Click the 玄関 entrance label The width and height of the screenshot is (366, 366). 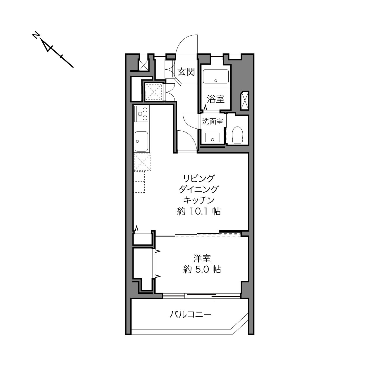click(x=186, y=72)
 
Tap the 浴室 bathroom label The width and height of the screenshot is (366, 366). click(x=216, y=99)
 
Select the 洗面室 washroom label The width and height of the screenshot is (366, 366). click(x=212, y=121)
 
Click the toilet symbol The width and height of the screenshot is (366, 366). click(x=237, y=135)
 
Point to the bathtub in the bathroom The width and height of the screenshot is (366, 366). click(x=216, y=76)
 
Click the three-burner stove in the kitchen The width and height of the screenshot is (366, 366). click(x=141, y=114)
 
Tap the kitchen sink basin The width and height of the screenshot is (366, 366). click(x=141, y=141)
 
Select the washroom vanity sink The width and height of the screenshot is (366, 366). click(x=213, y=137)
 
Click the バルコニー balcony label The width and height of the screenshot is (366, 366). click(x=190, y=315)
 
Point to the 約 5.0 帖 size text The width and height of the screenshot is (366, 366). click(x=202, y=269)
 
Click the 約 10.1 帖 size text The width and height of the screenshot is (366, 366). click(x=199, y=211)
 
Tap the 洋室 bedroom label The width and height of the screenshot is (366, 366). click(x=202, y=258)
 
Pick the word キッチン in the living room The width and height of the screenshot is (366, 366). click(x=199, y=200)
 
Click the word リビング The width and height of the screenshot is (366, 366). click(x=199, y=178)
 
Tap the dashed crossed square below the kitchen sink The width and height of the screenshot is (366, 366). click(x=142, y=162)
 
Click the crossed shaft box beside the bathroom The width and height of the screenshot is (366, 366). click(x=244, y=101)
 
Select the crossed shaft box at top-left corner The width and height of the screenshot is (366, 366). click(x=144, y=65)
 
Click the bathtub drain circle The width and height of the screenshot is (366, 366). click(x=215, y=80)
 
